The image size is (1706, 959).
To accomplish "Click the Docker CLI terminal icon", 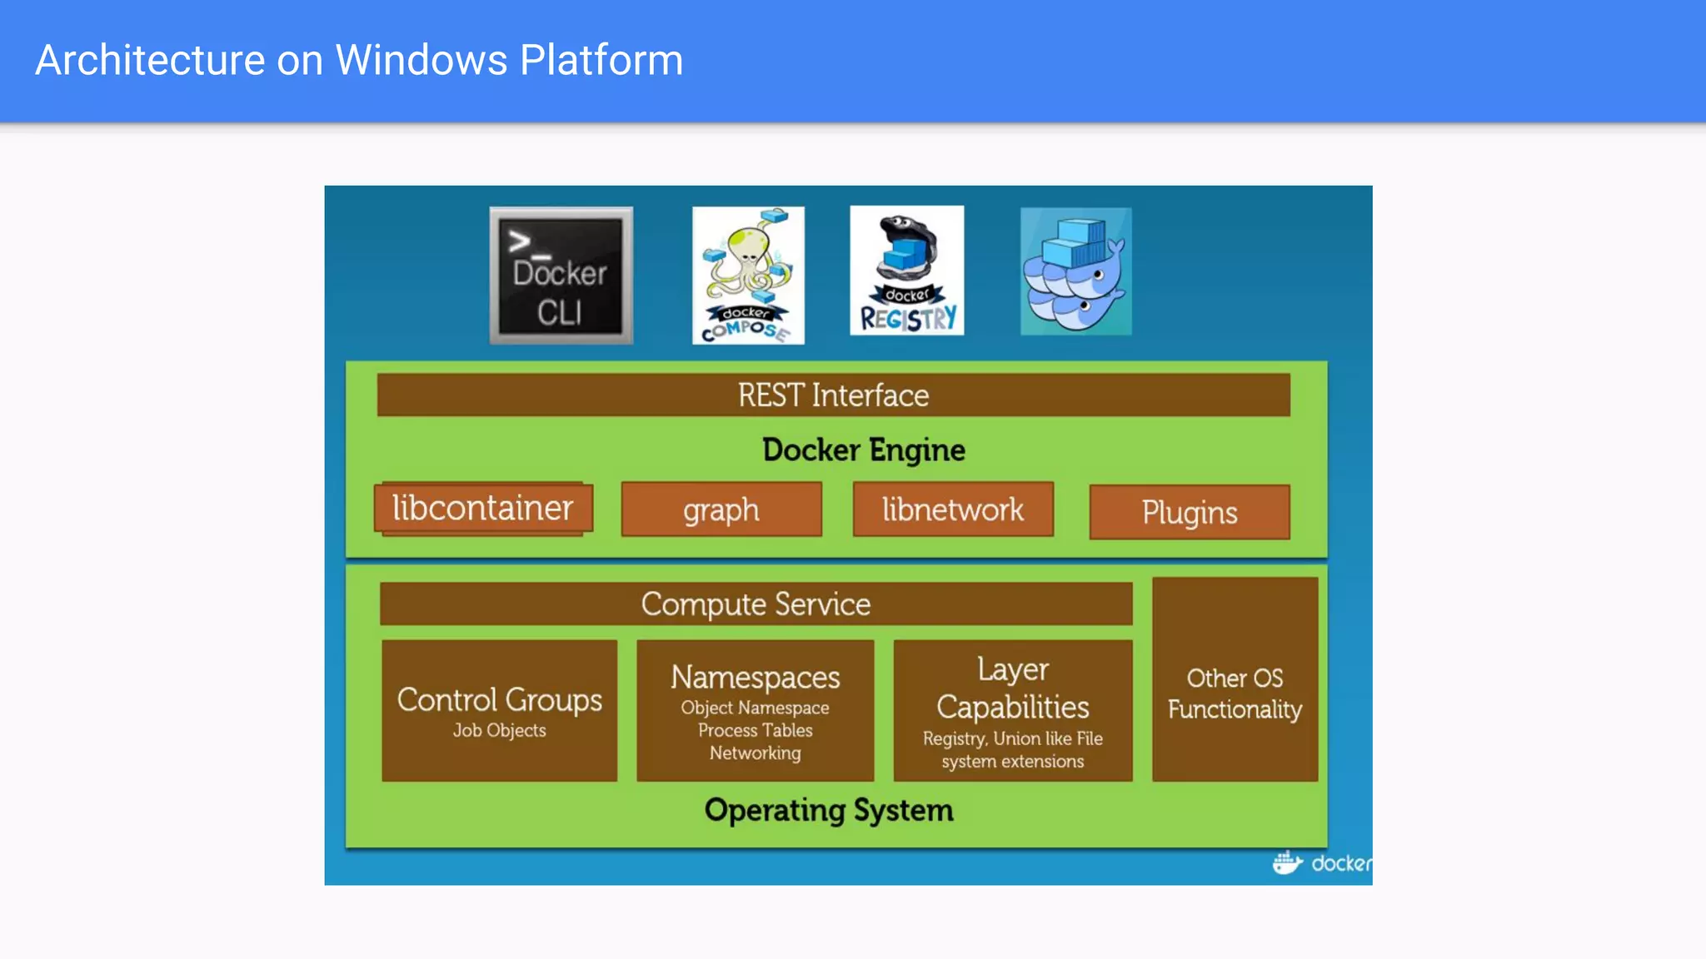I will pyautogui.click(x=561, y=276).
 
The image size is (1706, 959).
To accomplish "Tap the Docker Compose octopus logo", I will pyautogui.click(x=748, y=276).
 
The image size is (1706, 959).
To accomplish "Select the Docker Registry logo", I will pyautogui.click(x=906, y=271).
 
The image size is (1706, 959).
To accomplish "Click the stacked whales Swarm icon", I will pyautogui.click(x=1075, y=271).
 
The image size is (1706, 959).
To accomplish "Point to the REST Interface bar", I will pyautogui.click(x=833, y=395).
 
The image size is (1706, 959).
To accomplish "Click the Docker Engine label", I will pyautogui.click(x=863, y=450).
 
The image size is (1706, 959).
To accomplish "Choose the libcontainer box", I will pyautogui.click(x=483, y=508).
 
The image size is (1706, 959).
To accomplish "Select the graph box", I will pyautogui.click(x=721, y=509).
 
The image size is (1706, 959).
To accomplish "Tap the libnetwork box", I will pyautogui.click(x=953, y=509).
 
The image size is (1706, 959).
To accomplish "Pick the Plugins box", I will pyautogui.click(x=1189, y=512).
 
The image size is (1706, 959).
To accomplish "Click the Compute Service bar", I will pyautogui.click(x=756, y=604).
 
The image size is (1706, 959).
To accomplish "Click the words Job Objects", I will pyautogui.click(x=499, y=730).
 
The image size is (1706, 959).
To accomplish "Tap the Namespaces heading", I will pyautogui.click(x=755, y=677).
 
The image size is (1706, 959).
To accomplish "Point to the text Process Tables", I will pyautogui.click(x=755, y=730).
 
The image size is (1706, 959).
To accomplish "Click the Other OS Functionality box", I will pyautogui.click(x=1235, y=693).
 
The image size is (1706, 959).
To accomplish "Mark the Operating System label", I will pyautogui.click(x=829, y=810).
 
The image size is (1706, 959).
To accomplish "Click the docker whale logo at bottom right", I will pyautogui.click(x=1287, y=862).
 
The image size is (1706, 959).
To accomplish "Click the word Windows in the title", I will pyautogui.click(x=421, y=60).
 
